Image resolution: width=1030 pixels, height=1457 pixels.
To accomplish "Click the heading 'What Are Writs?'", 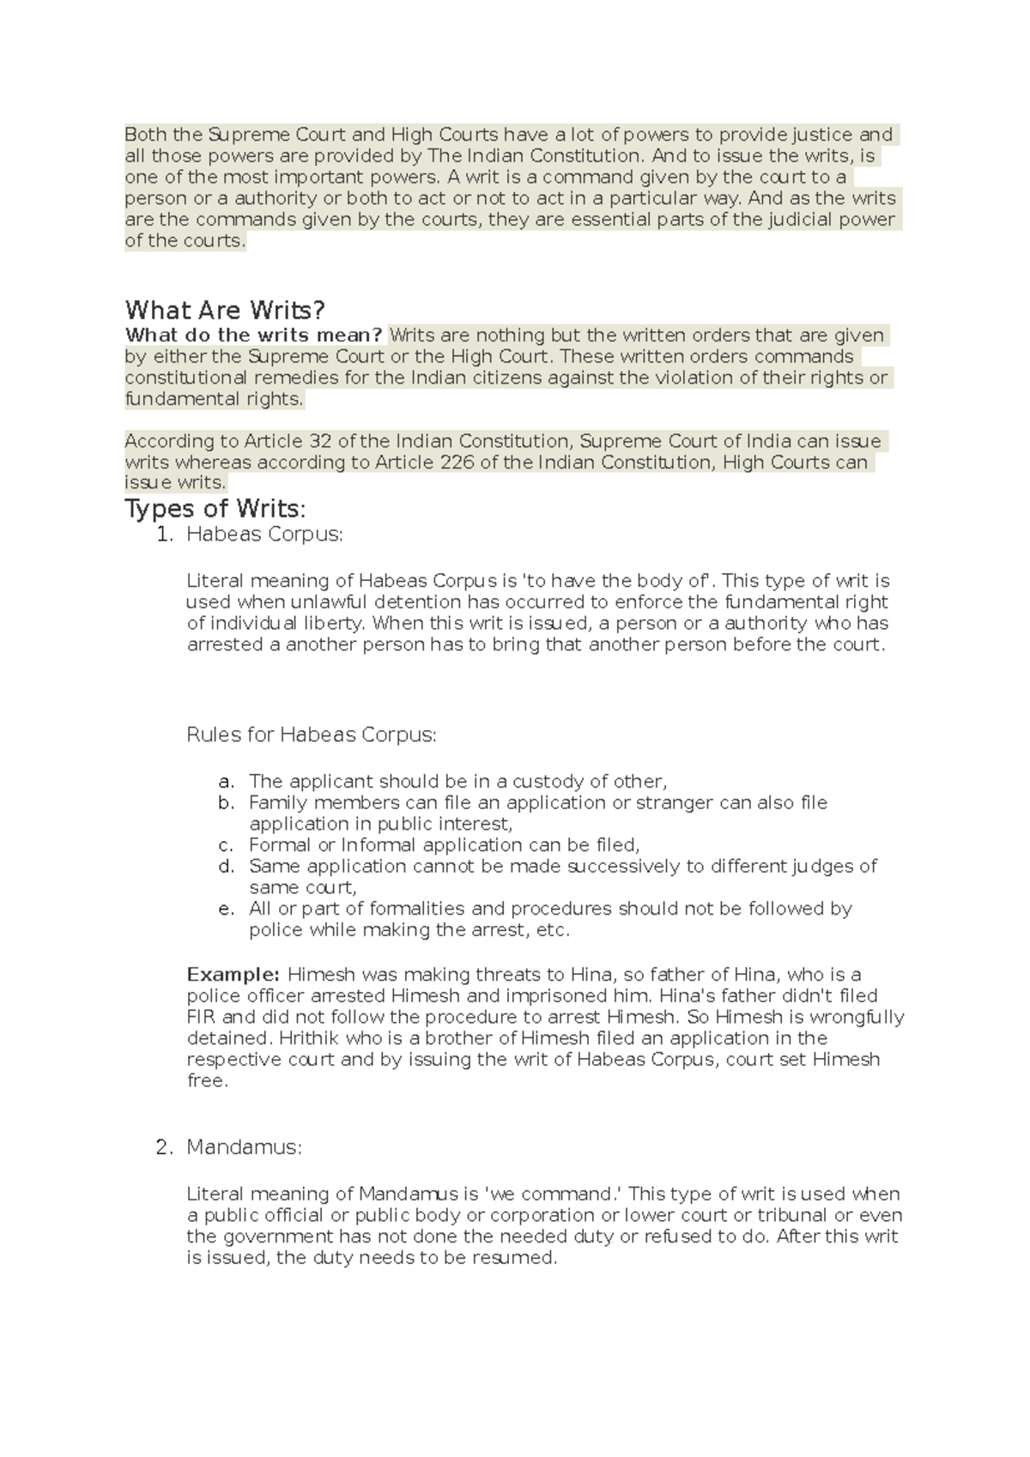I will click(225, 310).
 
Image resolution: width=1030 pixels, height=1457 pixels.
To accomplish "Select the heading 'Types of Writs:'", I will click(215, 509).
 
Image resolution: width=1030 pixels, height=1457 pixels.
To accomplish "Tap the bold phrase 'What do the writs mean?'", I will click(253, 335).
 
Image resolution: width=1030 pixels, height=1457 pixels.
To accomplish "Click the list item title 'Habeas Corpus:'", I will click(264, 535).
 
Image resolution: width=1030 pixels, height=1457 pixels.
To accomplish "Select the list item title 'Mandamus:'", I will click(244, 1147).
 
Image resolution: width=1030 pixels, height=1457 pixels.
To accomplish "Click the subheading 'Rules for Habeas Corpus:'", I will click(312, 735).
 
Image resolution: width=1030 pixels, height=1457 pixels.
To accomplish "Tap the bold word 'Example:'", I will click(233, 975).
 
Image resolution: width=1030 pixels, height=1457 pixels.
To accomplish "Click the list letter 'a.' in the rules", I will click(226, 782).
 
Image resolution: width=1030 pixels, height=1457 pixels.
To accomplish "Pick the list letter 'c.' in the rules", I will click(226, 845).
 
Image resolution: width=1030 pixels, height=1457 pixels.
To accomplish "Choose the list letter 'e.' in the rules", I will click(226, 909).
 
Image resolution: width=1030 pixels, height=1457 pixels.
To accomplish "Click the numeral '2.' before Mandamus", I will click(165, 1147).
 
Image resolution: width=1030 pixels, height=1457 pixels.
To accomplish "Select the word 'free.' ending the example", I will click(208, 1081).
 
